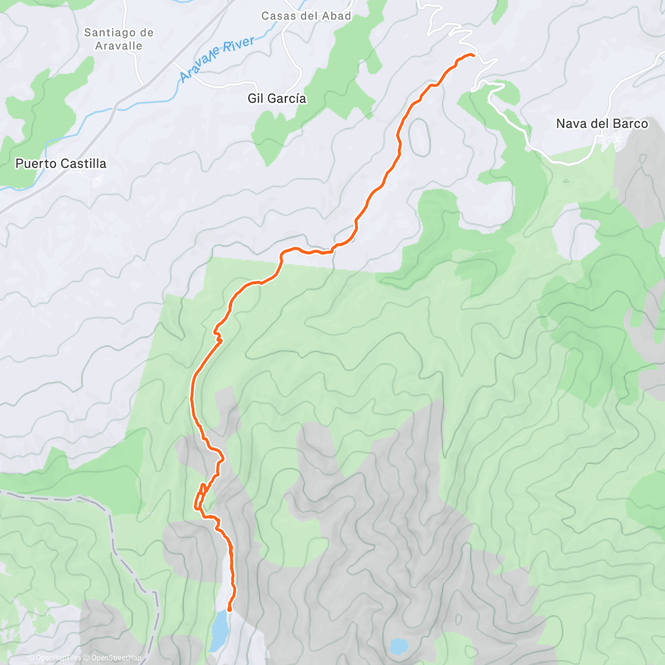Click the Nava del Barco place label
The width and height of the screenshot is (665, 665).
(x=602, y=124)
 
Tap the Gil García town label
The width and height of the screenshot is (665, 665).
(x=277, y=99)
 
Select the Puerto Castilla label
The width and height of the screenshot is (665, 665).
(x=60, y=163)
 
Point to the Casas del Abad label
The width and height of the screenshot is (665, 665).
(x=306, y=16)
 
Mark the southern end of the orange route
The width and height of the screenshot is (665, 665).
(x=229, y=610)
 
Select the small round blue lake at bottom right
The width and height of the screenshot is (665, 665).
(x=398, y=646)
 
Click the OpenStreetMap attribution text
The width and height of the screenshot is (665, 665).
(x=116, y=658)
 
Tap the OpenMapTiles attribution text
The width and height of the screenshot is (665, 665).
(x=58, y=658)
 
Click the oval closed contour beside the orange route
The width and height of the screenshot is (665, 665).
(x=420, y=137)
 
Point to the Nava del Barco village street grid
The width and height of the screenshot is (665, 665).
(x=610, y=142)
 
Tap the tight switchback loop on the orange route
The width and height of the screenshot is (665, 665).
(x=199, y=497)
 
